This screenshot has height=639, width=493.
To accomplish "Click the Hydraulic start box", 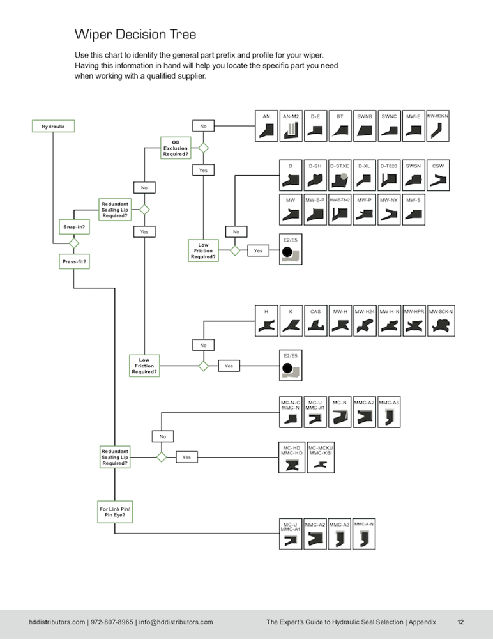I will click(x=54, y=127).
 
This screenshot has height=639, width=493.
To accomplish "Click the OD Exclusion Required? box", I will click(x=175, y=148).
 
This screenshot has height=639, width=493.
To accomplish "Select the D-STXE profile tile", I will click(x=339, y=176).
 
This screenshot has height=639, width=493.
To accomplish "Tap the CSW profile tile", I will click(x=438, y=176).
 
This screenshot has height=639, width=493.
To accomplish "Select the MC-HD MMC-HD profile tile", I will click(x=291, y=458).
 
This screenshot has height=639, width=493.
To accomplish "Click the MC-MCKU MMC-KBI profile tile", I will click(x=321, y=458).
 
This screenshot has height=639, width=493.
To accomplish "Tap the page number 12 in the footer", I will click(x=460, y=622).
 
